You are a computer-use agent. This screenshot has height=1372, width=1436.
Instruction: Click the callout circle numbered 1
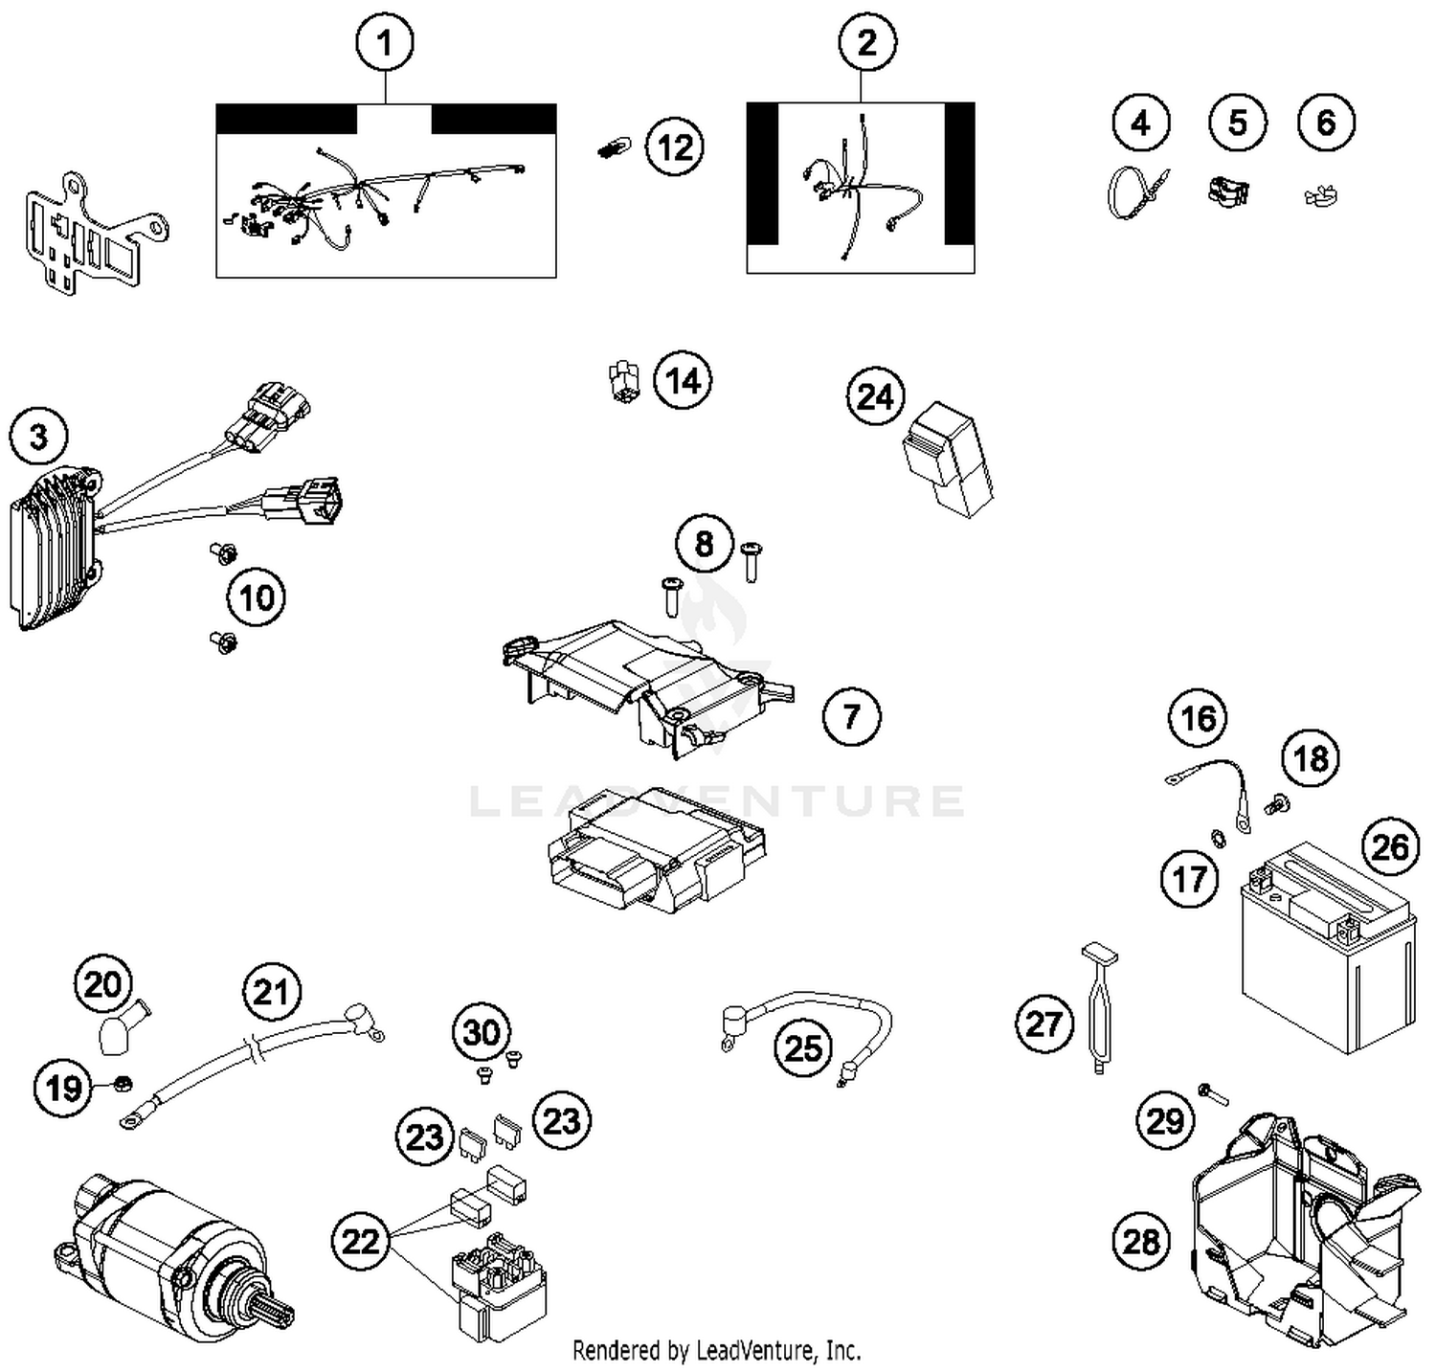385,43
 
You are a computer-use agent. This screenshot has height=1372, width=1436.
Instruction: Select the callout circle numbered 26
1390,846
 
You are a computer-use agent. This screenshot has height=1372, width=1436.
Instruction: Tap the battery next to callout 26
1327,948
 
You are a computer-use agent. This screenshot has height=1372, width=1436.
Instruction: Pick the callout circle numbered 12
675,147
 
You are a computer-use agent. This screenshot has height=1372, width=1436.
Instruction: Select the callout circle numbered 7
851,715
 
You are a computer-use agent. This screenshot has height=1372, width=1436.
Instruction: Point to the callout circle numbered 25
802,1047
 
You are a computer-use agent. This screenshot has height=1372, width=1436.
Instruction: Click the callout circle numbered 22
360,1242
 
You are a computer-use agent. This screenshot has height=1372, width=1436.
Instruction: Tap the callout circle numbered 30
481,1031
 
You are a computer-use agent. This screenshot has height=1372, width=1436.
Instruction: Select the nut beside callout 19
123,1083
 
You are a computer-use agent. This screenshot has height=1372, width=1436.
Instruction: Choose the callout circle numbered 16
1198,717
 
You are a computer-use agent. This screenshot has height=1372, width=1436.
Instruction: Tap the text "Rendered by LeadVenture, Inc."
716,1351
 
